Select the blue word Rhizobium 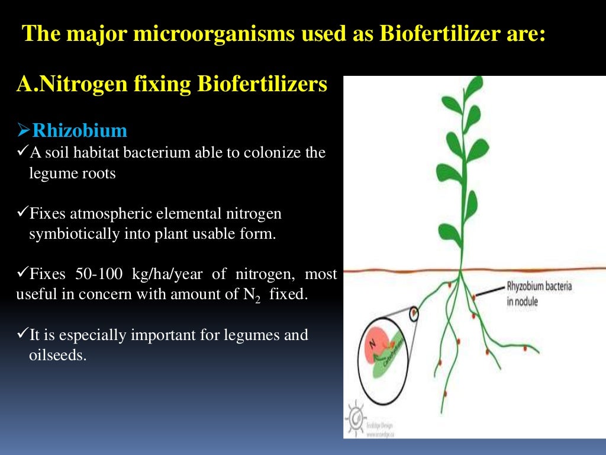click(x=79, y=130)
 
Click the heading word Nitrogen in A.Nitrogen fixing click(x=80, y=85)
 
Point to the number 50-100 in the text click(x=98, y=274)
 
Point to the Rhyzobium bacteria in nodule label click(x=539, y=293)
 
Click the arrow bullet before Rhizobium click(x=24, y=130)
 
